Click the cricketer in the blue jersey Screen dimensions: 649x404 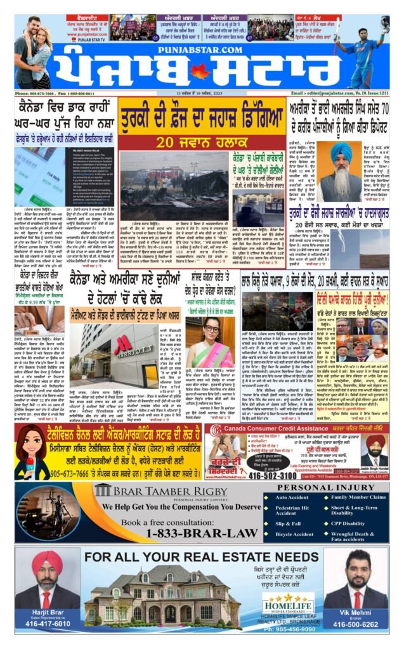pos(360,54)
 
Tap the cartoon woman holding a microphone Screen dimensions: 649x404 pos(30,452)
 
